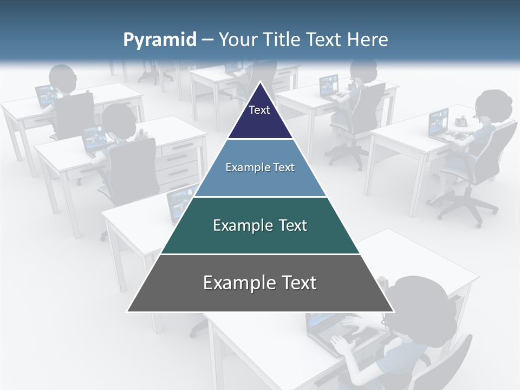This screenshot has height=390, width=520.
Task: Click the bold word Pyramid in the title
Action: (160, 40)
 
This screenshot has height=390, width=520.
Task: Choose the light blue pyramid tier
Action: (260, 168)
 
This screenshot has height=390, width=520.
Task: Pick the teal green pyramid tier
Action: (260, 226)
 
